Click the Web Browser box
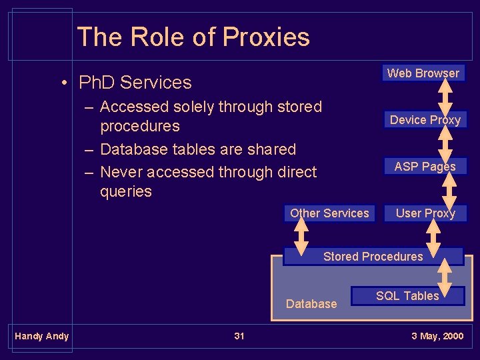coord(423,73)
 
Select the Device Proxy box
coord(425,120)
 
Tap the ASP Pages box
coord(425,167)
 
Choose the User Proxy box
coord(425,213)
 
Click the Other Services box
coord(329,213)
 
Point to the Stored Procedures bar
coord(373,257)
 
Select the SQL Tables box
coord(407,296)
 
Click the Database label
coord(311,304)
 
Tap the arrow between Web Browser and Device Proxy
coord(446,97)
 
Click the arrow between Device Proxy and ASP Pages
coord(446,143)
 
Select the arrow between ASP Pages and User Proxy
coord(449,190)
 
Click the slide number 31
coord(239,336)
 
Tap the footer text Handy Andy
coord(42,336)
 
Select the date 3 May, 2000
coord(437,336)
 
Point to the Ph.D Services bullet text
coord(135,83)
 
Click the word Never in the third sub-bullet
coord(121,172)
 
